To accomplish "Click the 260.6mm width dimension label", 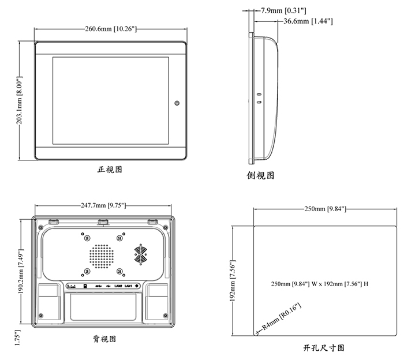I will (x=111, y=29).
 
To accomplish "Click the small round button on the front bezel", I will (x=177, y=103).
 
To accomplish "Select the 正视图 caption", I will (x=110, y=170).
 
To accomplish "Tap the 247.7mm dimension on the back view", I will (x=103, y=205).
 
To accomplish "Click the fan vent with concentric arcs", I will (x=141, y=254).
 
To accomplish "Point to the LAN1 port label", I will (x=129, y=286).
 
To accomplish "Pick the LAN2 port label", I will (x=118, y=286).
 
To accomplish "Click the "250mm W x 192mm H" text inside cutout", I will (x=320, y=284).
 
